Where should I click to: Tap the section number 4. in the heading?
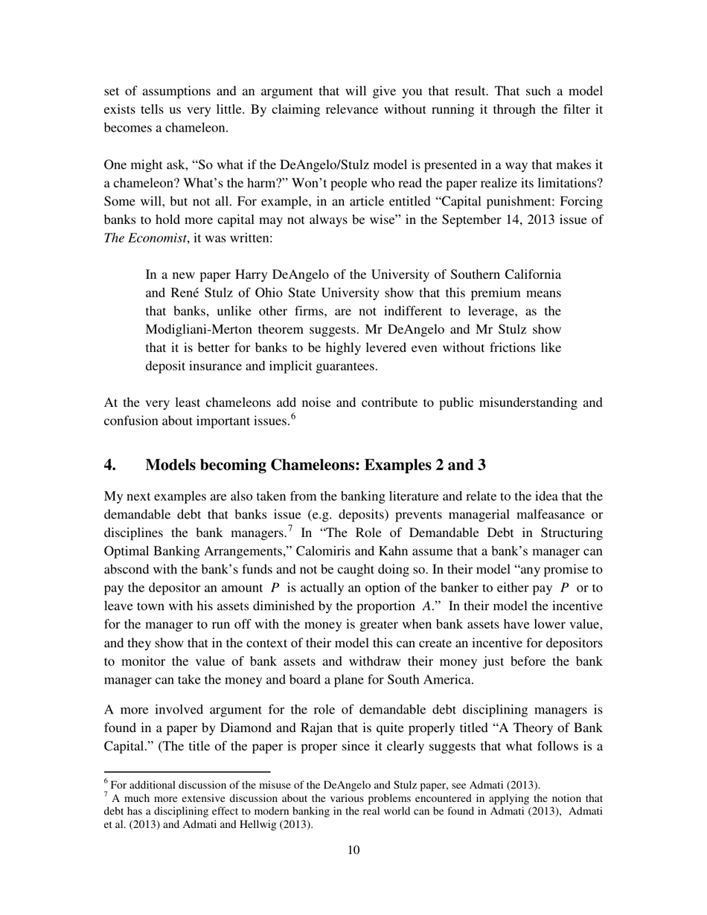pyautogui.click(x=110, y=465)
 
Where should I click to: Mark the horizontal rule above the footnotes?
pyautogui.click(x=187, y=772)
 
